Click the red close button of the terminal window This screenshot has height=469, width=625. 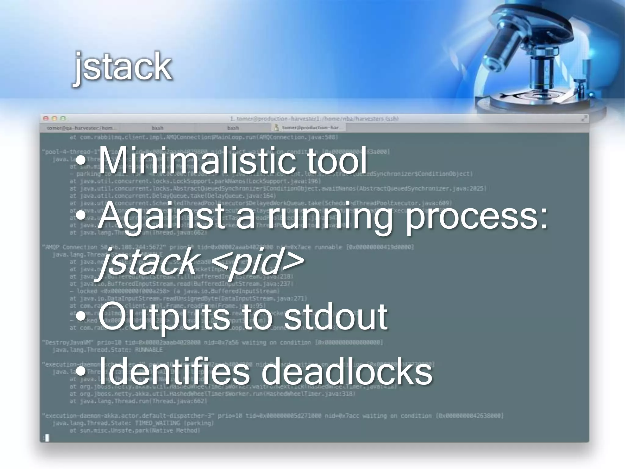pos(46,118)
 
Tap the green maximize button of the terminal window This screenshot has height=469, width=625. pos(63,118)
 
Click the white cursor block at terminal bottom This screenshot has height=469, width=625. pos(47,438)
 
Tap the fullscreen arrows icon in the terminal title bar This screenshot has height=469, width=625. pos(584,118)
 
